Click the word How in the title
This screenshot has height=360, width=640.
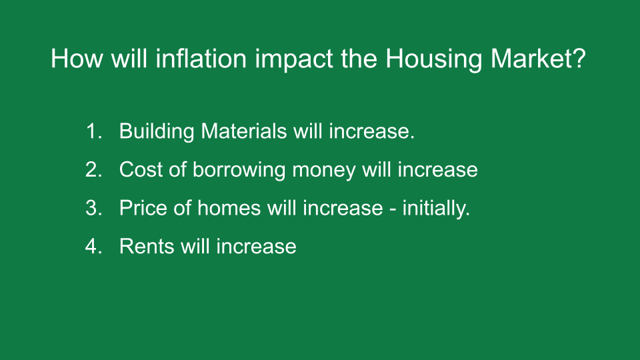coord(77,59)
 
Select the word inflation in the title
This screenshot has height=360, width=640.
coord(201,59)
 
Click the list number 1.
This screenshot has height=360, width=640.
coord(93,131)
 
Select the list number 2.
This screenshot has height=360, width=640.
coord(93,169)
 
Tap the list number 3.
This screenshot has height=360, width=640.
coord(93,208)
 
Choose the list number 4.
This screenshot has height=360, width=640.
coord(93,246)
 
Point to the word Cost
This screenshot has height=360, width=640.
coord(141,169)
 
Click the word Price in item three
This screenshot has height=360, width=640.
coord(143,208)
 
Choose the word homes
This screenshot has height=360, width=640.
coord(229,208)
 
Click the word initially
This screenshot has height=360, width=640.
coord(436,209)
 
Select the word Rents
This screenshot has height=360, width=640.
coord(147,246)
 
